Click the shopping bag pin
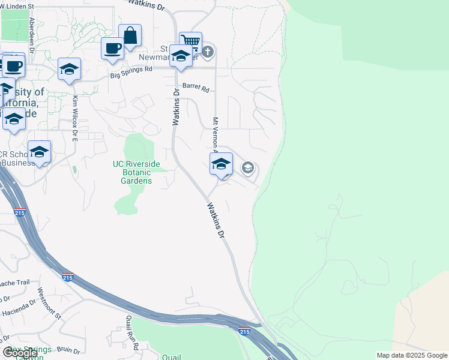pos(130,36)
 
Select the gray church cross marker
pos(208,52)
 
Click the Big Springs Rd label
pos(131,70)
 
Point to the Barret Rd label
pos(196,88)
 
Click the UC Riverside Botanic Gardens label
pos(137,172)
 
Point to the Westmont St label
pos(50,303)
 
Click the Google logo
pos(20,353)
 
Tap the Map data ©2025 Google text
pos(412,355)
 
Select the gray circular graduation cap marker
pos(247,168)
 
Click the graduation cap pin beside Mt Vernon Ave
pos(221,164)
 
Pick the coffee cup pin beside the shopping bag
pos(112,48)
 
